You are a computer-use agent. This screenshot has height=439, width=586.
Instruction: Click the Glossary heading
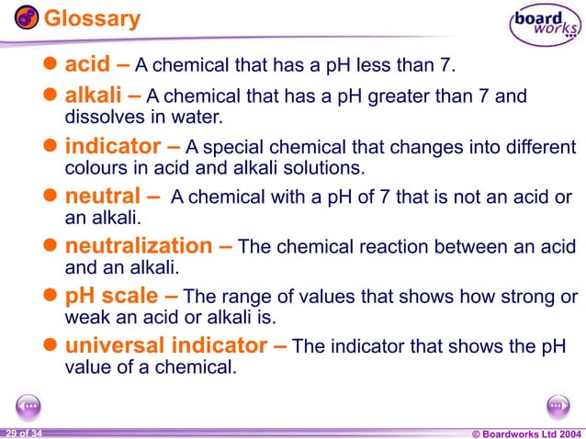click(x=92, y=18)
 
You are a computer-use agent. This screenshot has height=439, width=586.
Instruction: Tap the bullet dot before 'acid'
click(x=52, y=65)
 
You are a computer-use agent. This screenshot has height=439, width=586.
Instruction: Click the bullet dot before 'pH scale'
click(x=52, y=297)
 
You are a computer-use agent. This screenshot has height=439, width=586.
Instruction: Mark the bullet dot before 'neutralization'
click(x=52, y=247)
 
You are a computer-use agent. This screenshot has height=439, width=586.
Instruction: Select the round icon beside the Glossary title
click(x=27, y=17)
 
